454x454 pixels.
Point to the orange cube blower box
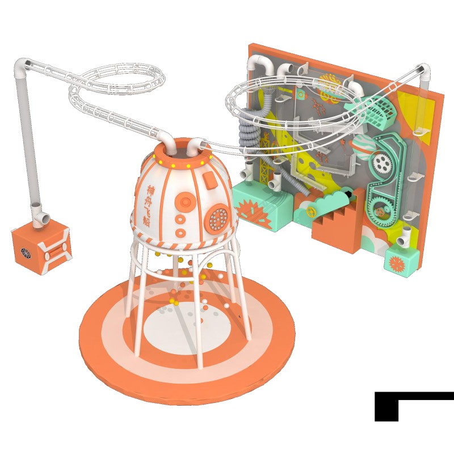(42, 246)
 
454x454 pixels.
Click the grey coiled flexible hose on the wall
(249, 137)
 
